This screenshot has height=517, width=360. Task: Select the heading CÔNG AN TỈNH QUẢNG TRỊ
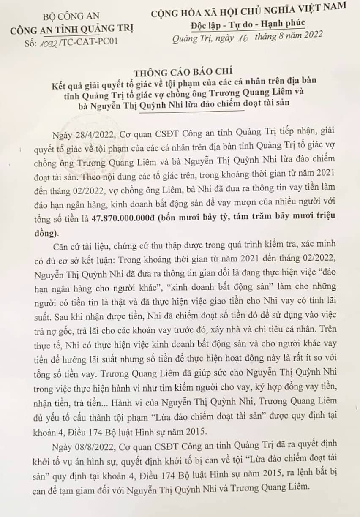pos(71,29)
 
